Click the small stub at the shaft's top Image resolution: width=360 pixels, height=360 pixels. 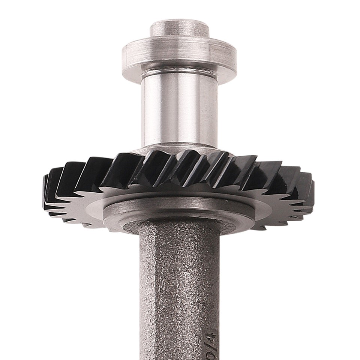pos(179,28)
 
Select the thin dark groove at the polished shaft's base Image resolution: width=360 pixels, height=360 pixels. pos(179,144)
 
